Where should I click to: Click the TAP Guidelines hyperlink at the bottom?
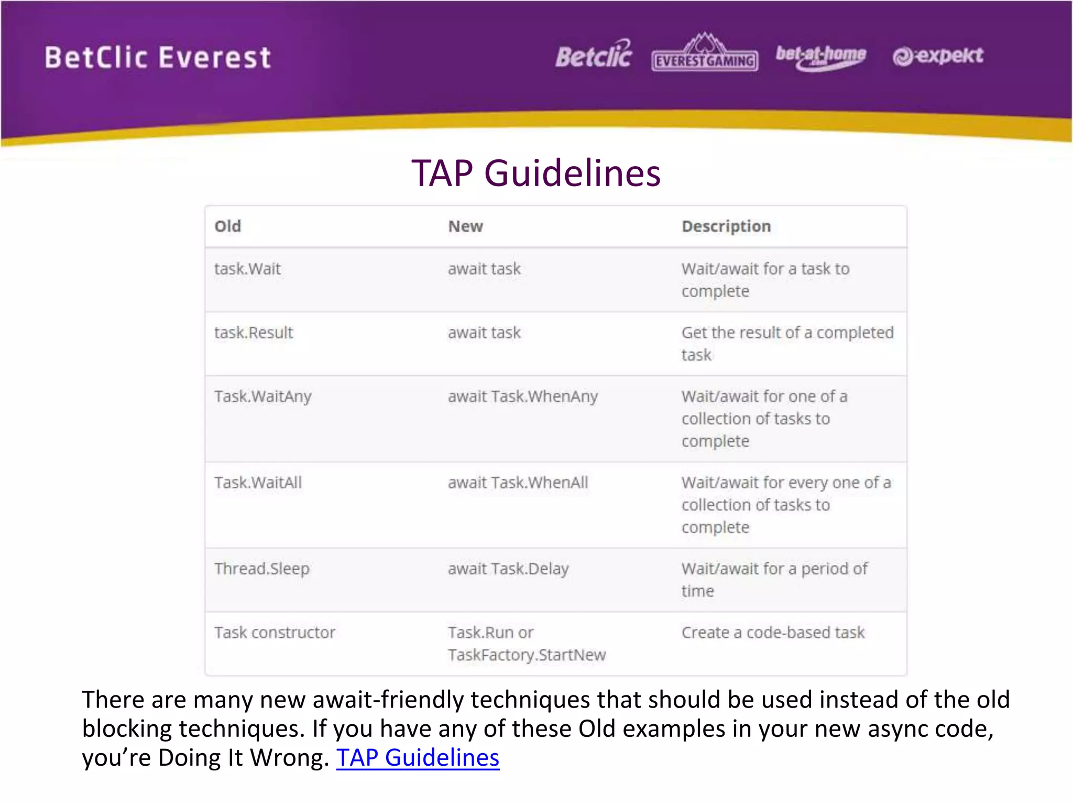tap(418, 758)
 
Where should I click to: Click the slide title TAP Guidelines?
tap(535, 173)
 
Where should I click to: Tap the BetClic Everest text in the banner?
tap(158, 58)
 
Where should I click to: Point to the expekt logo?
tap(938, 56)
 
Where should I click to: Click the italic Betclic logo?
tap(594, 55)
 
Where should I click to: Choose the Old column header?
tap(228, 226)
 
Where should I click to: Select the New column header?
tap(465, 226)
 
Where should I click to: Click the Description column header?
tap(726, 226)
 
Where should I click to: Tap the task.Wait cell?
tap(247, 269)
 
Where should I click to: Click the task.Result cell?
tap(254, 333)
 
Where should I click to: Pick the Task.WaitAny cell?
tap(262, 397)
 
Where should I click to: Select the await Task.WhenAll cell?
tap(518, 483)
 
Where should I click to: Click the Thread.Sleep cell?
tap(262, 569)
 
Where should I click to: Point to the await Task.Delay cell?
tap(508, 569)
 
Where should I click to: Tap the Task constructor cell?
tap(275, 633)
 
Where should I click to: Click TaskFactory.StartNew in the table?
tap(527, 655)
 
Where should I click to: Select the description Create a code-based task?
tap(773, 633)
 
